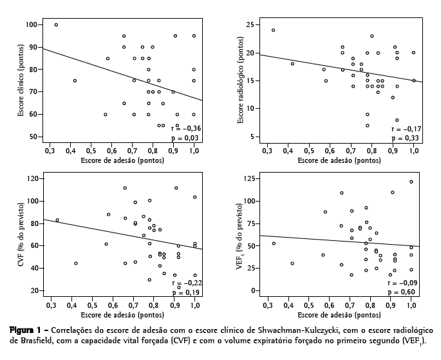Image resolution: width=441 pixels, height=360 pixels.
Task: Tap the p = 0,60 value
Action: coord(402,292)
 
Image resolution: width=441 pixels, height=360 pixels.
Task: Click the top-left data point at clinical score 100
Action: coord(56,24)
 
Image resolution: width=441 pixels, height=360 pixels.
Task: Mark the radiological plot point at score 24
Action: coord(273,30)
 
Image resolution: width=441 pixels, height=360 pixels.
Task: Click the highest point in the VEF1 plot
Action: coord(411,182)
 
